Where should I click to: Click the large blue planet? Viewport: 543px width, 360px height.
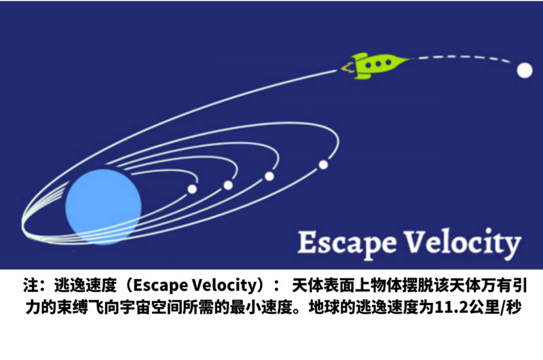[x=103, y=207]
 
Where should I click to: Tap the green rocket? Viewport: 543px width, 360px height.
[x=377, y=65]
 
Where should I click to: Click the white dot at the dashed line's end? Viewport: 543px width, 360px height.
[x=524, y=71]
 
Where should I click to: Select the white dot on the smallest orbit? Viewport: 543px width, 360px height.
[x=192, y=189]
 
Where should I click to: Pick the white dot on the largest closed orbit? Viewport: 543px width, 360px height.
[x=324, y=164]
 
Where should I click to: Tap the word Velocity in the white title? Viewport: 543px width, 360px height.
[x=463, y=242]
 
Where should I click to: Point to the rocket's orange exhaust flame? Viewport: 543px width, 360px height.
[x=348, y=67]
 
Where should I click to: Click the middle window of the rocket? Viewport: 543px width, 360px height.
[x=378, y=63]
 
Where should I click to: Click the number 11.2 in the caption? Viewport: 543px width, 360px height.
[x=447, y=307]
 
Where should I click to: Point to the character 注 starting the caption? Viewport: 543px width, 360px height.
[x=31, y=285]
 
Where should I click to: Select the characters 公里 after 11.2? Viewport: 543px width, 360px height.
[x=473, y=307]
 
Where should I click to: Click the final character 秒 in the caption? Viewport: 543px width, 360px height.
[x=514, y=307]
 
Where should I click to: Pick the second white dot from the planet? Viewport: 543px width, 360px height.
[x=228, y=185]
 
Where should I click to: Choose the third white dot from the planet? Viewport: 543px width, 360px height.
[x=269, y=176]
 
